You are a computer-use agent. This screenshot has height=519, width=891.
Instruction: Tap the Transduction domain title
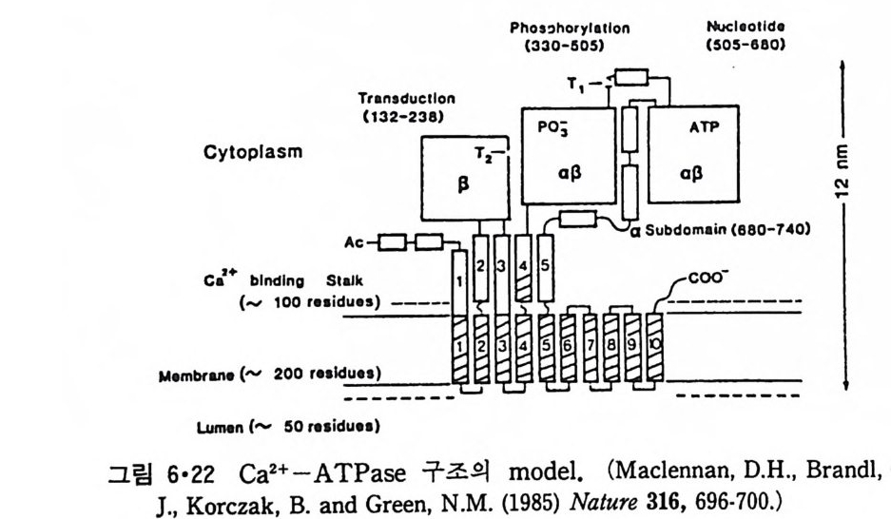(x=407, y=97)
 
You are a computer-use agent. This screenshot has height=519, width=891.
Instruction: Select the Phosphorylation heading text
(x=570, y=29)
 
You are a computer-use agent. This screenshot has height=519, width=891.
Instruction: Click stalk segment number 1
(x=459, y=282)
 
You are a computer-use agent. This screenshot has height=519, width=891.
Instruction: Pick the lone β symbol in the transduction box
(x=464, y=186)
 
